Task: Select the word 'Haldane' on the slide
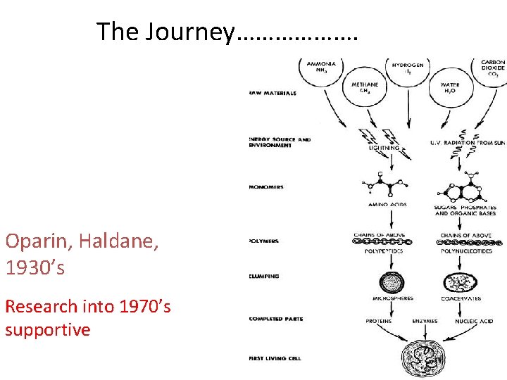pyautogui.click(x=119, y=242)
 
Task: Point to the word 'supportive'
pyautogui.click(x=48, y=329)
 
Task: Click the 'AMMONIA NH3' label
pyautogui.click(x=321, y=67)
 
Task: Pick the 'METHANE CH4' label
pyautogui.click(x=365, y=87)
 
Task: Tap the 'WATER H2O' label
pyautogui.click(x=450, y=87)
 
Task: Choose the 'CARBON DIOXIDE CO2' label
pyautogui.click(x=493, y=67)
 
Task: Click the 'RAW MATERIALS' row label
pyautogui.click(x=273, y=93)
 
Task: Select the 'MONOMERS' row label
pyautogui.click(x=266, y=187)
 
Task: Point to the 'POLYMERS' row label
pyautogui.click(x=264, y=241)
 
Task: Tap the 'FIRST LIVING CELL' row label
pyautogui.click(x=275, y=359)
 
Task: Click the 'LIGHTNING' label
pyautogui.click(x=384, y=148)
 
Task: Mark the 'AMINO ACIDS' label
pyautogui.click(x=388, y=205)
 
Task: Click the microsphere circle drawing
pyautogui.click(x=392, y=283)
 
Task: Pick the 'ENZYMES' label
pyautogui.click(x=425, y=321)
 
